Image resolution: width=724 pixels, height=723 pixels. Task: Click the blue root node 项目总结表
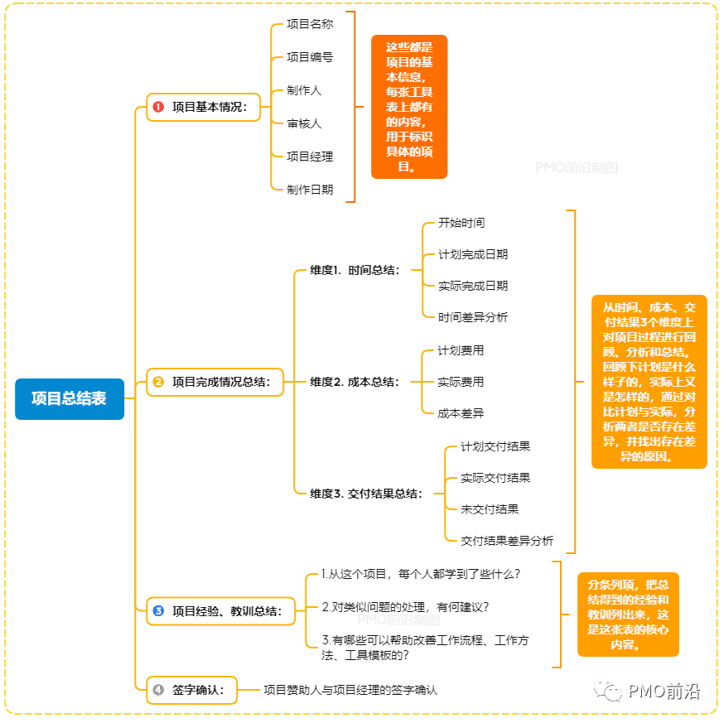70,398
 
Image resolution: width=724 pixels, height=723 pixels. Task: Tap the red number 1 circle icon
158,107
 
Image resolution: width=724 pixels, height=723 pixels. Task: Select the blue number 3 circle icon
158,612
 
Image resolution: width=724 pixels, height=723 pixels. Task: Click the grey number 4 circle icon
158,689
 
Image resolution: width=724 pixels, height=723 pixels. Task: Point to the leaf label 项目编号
310,57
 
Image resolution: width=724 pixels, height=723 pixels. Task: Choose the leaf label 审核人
304,123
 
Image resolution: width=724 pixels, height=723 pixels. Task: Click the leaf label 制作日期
310,190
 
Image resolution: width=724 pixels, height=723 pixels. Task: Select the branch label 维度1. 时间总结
355,270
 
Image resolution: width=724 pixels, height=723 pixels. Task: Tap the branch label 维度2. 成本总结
355,382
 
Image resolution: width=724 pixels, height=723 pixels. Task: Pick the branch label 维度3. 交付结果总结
365,494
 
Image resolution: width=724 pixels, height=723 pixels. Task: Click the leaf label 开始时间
461,223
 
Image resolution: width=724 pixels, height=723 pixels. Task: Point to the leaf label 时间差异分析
473,317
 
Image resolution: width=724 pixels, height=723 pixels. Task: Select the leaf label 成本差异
461,413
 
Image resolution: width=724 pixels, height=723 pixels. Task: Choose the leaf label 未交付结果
490,509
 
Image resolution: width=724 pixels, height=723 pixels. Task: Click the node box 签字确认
191,689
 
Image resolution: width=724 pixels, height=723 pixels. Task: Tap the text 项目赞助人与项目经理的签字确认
350,689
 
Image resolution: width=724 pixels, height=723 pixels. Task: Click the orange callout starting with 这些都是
409,107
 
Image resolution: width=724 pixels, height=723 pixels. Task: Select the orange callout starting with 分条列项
628,615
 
